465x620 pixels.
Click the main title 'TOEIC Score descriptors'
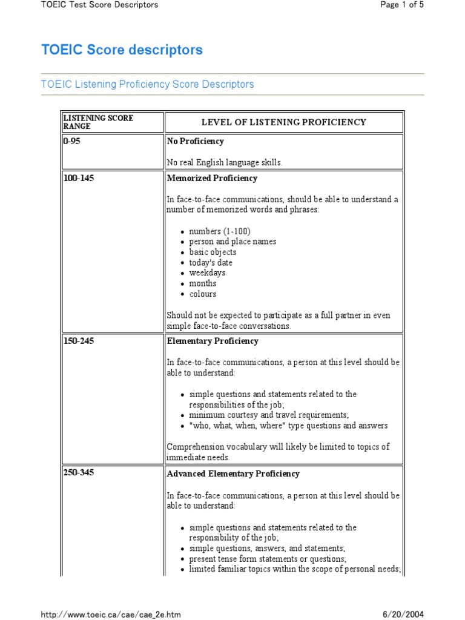click(122, 50)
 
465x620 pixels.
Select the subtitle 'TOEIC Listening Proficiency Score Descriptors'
click(147, 84)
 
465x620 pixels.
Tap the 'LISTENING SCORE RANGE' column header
click(98, 122)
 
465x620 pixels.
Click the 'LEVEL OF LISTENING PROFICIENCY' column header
click(283, 122)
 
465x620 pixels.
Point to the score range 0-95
click(71, 141)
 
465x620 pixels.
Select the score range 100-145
click(79, 178)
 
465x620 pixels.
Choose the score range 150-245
click(79, 341)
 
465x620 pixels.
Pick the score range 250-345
click(79, 473)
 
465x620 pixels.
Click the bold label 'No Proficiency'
click(195, 141)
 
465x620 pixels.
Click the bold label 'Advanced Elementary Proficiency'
click(233, 473)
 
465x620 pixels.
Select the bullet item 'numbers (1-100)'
click(219, 231)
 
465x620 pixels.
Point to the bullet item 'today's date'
click(210, 263)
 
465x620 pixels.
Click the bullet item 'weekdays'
click(206, 273)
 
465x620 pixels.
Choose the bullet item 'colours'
click(202, 294)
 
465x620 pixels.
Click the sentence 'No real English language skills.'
click(225, 162)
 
